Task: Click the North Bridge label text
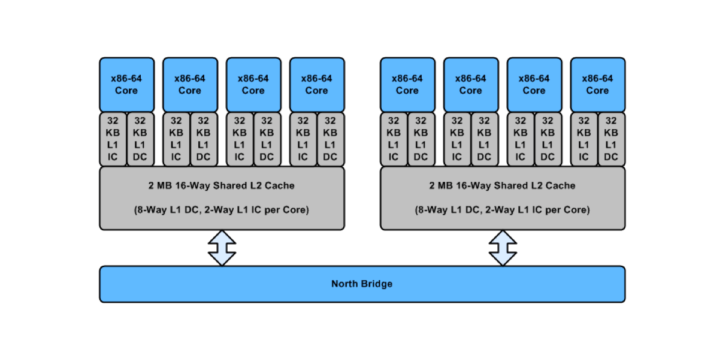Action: [x=362, y=284]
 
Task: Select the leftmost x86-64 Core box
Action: [x=127, y=85]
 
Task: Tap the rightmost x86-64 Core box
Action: [x=598, y=85]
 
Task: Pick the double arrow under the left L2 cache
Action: [x=222, y=248]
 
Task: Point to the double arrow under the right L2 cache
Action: [x=503, y=248]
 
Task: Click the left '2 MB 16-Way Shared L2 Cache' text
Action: [x=221, y=185]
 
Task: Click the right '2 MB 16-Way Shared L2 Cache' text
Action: [x=502, y=185]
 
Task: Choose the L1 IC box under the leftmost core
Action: [x=113, y=139]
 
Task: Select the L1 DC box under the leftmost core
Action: [x=140, y=139]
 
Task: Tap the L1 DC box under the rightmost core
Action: [x=611, y=139]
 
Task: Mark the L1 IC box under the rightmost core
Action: [x=584, y=139]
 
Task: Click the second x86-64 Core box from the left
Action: [x=190, y=85]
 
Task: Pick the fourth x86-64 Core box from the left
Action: [x=317, y=85]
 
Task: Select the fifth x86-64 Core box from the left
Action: [x=408, y=85]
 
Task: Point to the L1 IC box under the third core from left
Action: [x=240, y=139]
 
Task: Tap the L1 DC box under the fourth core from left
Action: [x=330, y=139]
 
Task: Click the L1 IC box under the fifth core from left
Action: [x=394, y=139]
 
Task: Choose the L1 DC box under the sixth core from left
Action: [x=485, y=139]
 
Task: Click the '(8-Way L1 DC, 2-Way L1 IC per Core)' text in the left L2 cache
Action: [x=221, y=210]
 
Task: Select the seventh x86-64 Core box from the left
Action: [x=535, y=85]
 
